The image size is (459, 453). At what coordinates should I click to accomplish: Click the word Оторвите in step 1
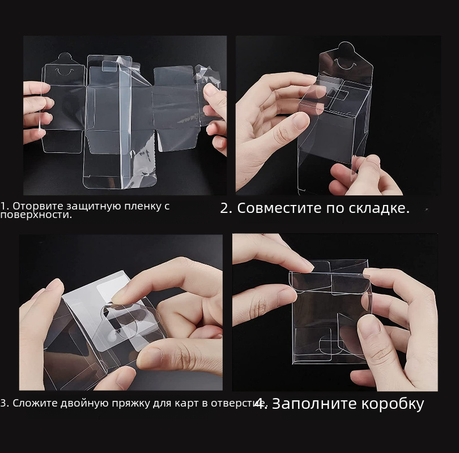click(x=38, y=206)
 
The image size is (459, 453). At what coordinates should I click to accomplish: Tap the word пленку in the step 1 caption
click(x=141, y=206)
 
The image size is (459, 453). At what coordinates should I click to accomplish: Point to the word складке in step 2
click(x=377, y=208)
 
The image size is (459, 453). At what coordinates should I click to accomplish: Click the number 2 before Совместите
click(x=226, y=208)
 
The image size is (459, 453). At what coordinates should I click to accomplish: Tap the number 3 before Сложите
click(x=4, y=403)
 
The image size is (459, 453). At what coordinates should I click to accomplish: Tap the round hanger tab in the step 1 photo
click(x=65, y=59)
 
